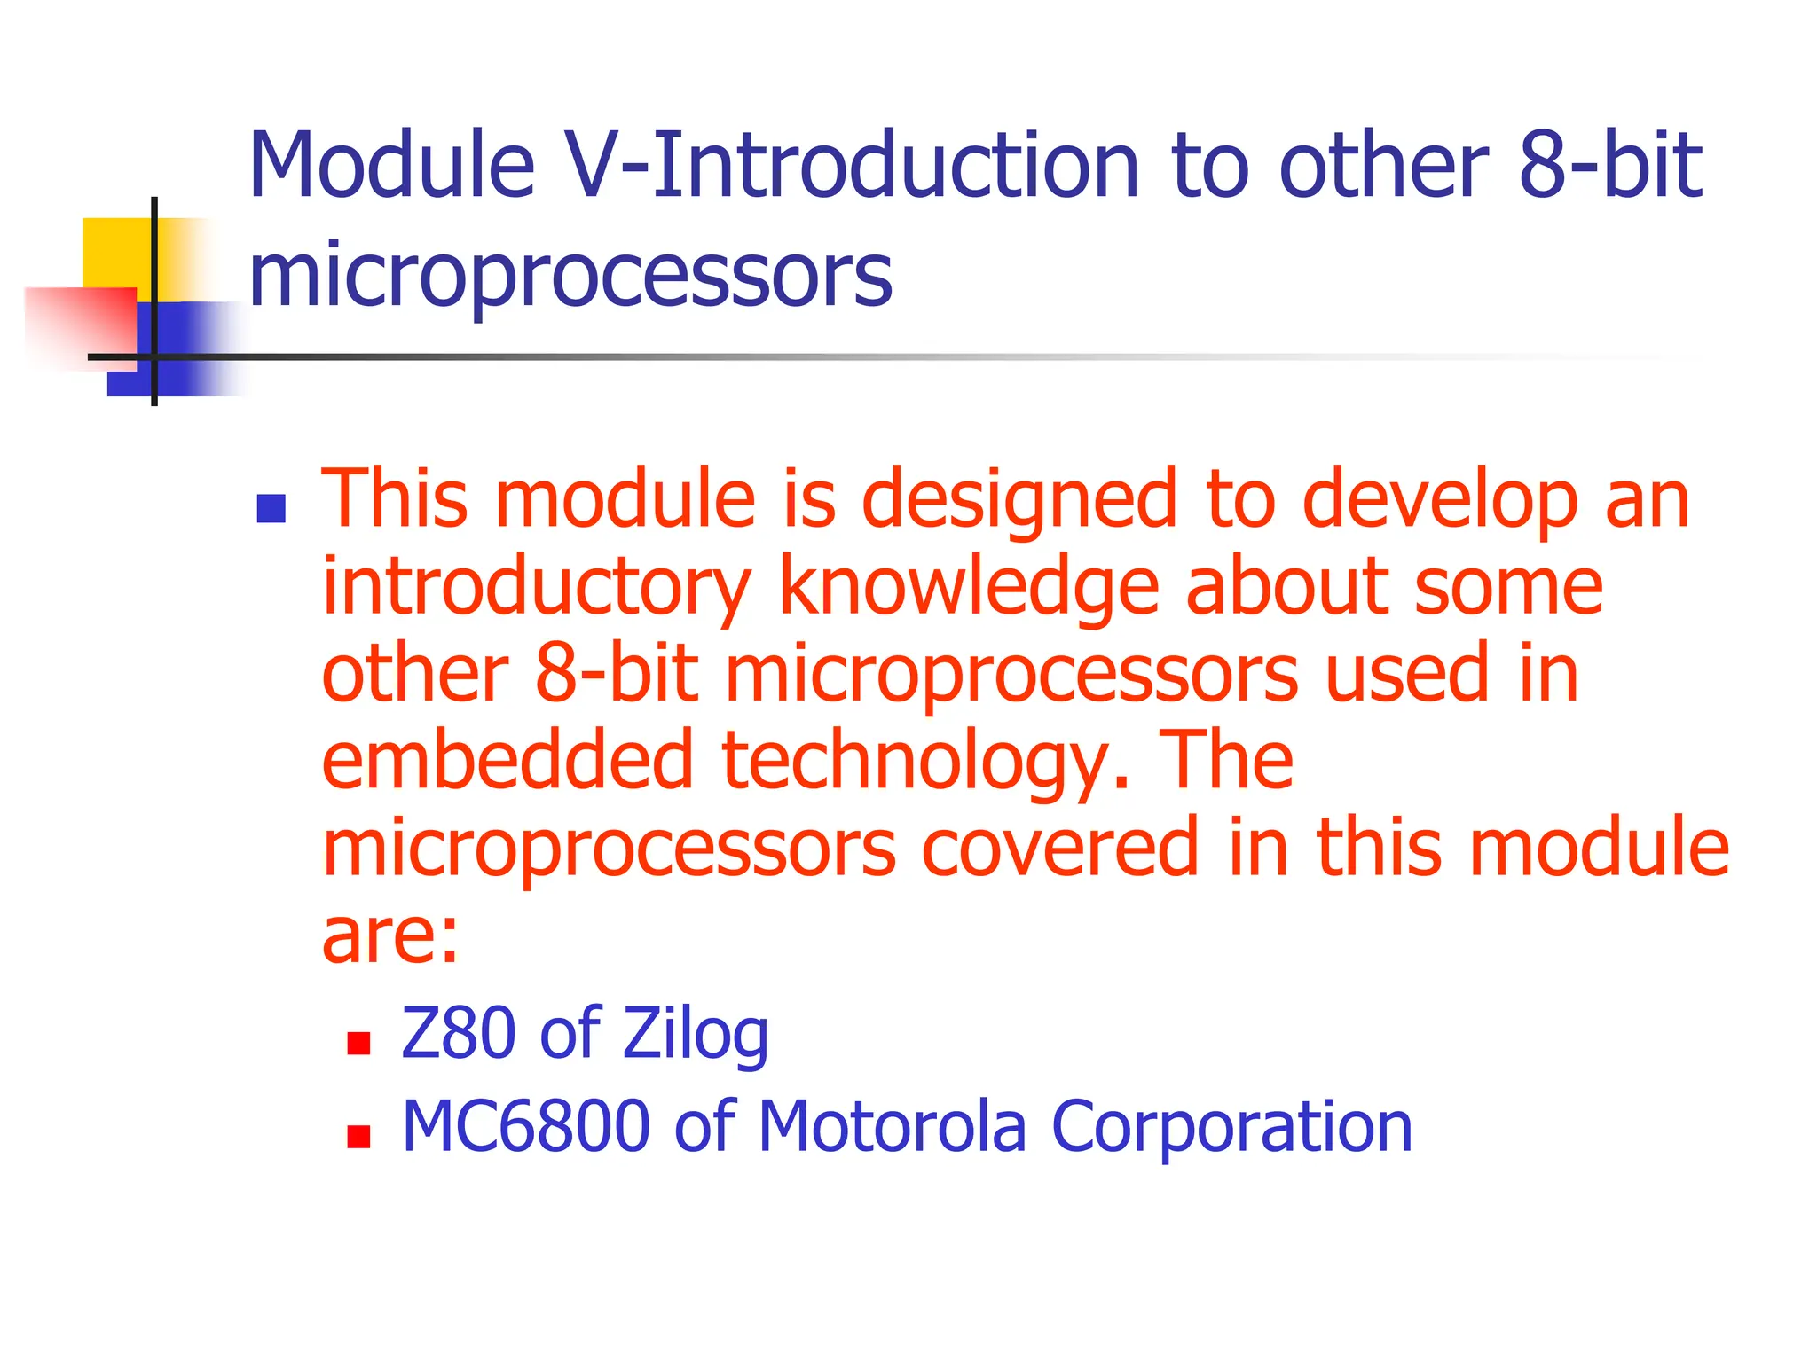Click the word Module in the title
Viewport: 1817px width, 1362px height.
391,166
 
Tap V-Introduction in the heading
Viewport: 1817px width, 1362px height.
852,166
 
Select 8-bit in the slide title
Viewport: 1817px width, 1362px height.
1610,166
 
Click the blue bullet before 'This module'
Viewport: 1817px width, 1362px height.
271,509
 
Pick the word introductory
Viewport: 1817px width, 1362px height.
536,588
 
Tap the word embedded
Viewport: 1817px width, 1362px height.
507,761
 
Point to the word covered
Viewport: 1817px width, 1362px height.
1061,848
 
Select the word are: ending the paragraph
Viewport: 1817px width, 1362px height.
390,936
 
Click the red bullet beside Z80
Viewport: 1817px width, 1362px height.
358,1043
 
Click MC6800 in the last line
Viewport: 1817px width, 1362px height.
526,1126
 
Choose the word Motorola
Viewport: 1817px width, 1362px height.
892,1126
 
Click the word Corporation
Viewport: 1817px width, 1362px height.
1231,1126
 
